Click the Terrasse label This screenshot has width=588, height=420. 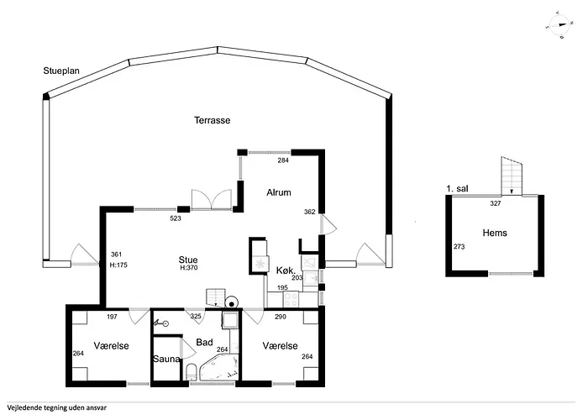click(212, 120)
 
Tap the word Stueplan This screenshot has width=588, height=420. click(61, 71)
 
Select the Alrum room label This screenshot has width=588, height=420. click(279, 192)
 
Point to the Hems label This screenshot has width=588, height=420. click(495, 233)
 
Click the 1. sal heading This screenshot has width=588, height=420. click(457, 189)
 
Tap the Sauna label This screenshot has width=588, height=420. click(166, 359)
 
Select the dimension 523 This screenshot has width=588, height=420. click(176, 218)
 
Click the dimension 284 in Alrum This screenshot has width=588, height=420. click(283, 160)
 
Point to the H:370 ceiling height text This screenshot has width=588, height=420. click(189, 268)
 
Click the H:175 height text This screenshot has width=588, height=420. click(118, 265)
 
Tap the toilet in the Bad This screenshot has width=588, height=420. click(191, 371)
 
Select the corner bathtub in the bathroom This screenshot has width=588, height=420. click(219, 368)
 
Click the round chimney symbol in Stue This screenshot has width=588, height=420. click(232, 303)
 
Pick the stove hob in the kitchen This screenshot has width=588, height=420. click(291, 300)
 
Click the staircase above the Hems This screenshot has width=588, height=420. click(512, 176)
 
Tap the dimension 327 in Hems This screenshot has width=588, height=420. click(496, 203)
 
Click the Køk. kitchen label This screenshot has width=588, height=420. click(286, 270)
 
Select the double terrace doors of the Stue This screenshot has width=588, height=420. click(212, 199)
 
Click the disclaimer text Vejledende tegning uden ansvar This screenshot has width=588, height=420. click(56, 407)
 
